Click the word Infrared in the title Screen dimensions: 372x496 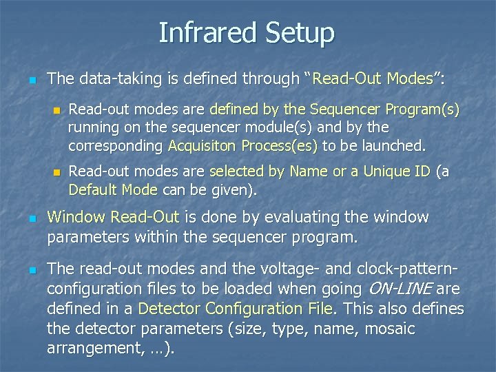coord(200,33)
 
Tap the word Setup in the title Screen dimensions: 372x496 coord(292,33)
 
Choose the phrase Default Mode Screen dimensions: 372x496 coord(113,189)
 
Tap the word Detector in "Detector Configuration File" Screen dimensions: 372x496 coord(170,309)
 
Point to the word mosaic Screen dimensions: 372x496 coord(390,329)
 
